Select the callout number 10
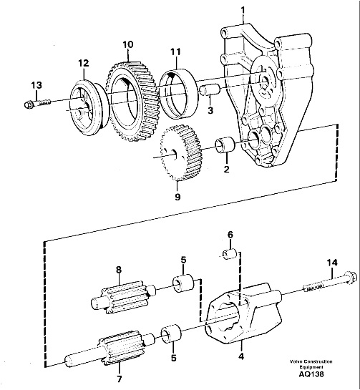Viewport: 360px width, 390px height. click(x=128, y=44)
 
